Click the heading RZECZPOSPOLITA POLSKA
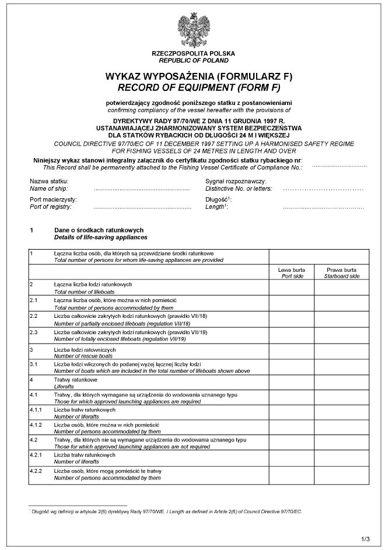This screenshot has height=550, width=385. [193, 53]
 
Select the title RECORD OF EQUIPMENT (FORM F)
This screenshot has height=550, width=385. [193, 88]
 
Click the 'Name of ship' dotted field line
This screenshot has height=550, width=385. [142, 190]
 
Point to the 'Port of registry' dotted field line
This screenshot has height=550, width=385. [142, 208]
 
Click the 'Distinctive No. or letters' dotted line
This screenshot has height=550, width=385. [323, 190]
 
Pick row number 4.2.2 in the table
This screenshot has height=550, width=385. [36, 471]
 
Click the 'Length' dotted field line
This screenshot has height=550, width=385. [323, 208]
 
